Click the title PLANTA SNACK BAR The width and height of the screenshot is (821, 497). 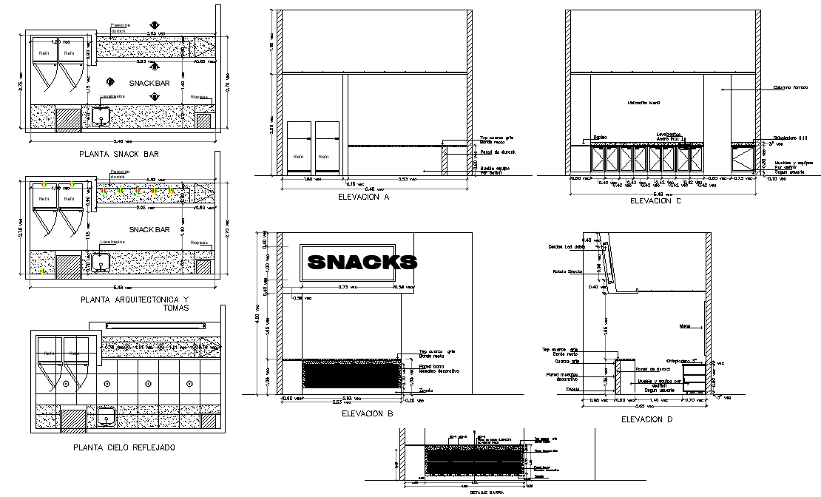coord(118,155)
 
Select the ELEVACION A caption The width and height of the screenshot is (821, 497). coord(363,197)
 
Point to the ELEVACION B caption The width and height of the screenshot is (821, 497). coord(368,414)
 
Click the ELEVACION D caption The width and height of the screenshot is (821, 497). coord(648,419)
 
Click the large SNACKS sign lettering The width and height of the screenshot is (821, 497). coord(362,262)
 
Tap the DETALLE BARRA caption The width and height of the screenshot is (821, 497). coord(463,492)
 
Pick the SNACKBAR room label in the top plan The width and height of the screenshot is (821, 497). coord(149,83)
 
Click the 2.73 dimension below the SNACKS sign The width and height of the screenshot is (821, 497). coord(348,287)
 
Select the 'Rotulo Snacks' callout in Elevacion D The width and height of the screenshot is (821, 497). coord(564,271)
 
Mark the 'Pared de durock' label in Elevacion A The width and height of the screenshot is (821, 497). coord(493,152)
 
